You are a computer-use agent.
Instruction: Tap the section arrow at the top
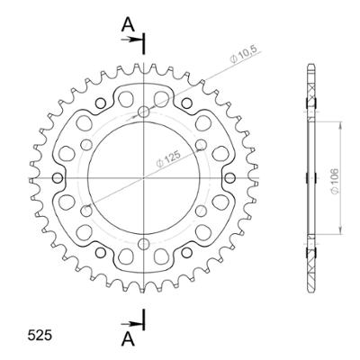pos(136,39)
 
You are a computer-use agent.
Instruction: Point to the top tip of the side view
pos(310,67)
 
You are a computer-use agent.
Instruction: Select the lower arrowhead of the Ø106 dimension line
pos(339,234)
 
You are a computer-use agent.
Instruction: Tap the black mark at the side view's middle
pos(310,176)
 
